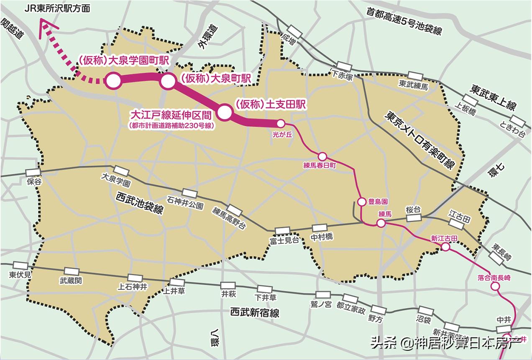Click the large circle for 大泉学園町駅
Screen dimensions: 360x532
coord(113,81)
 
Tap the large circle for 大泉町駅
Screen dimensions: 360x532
coord(167,82)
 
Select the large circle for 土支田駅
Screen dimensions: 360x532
coord(224,112)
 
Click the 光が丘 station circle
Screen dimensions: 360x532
coord(281,123)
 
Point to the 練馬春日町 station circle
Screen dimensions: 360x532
coord(322,156)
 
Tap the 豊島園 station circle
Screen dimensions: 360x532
coord(362,202)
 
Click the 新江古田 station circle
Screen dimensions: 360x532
coord(445,247)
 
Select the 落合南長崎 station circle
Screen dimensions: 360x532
coord(495,286)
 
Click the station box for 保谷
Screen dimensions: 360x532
coord(33,173)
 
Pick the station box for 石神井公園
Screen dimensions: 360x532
coord(189,194)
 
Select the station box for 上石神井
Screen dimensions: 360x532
coord(135,278)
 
